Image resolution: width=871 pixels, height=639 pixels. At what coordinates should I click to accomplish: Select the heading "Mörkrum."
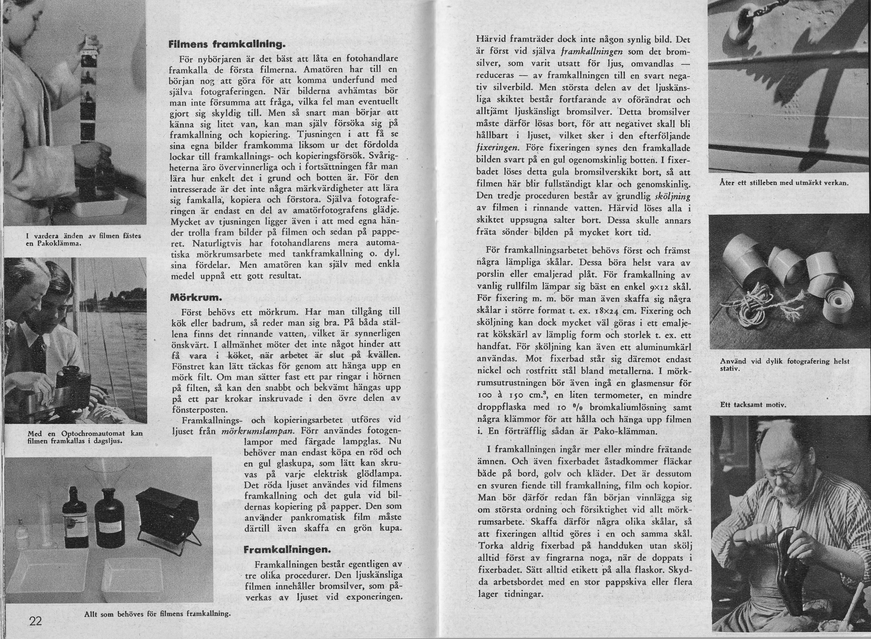195,298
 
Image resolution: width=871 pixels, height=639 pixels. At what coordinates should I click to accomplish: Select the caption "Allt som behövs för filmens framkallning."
157,614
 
